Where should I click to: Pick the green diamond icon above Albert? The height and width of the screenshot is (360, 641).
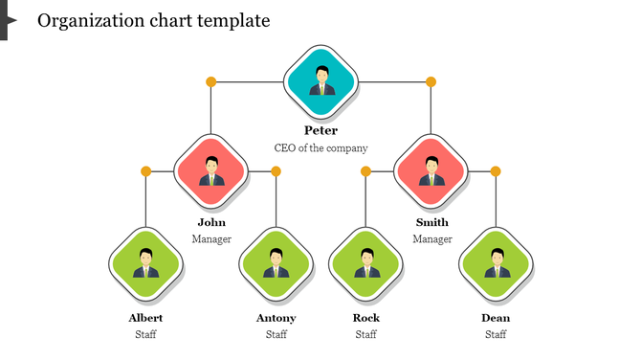tap(146, 262)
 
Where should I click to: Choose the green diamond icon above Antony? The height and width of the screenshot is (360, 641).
tap(276, 262)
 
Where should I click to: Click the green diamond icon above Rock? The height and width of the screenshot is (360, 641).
tap(366, 262)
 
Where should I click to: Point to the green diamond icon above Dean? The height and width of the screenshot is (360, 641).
tap(496, 262)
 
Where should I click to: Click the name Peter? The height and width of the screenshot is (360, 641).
tap(320, 130)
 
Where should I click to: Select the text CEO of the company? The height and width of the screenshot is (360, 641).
tap(320, 148)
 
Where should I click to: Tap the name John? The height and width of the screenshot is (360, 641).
tap(211, 222)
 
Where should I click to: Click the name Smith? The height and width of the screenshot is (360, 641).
tap(431, 222)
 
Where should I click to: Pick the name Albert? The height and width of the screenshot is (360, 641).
tap(145, 318)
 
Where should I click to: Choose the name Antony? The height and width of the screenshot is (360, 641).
tap(276, 318)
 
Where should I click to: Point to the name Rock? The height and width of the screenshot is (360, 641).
tap(366, 318)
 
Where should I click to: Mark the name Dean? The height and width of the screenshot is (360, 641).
tap(496, 318)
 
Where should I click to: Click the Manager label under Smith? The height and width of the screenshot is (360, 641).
tap(431, 239)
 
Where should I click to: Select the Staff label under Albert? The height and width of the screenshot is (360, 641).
tap(145, 335)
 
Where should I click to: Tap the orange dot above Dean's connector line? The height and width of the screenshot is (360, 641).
tap(496, 171)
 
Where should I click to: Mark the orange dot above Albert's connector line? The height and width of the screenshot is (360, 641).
tap(146, 171)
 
